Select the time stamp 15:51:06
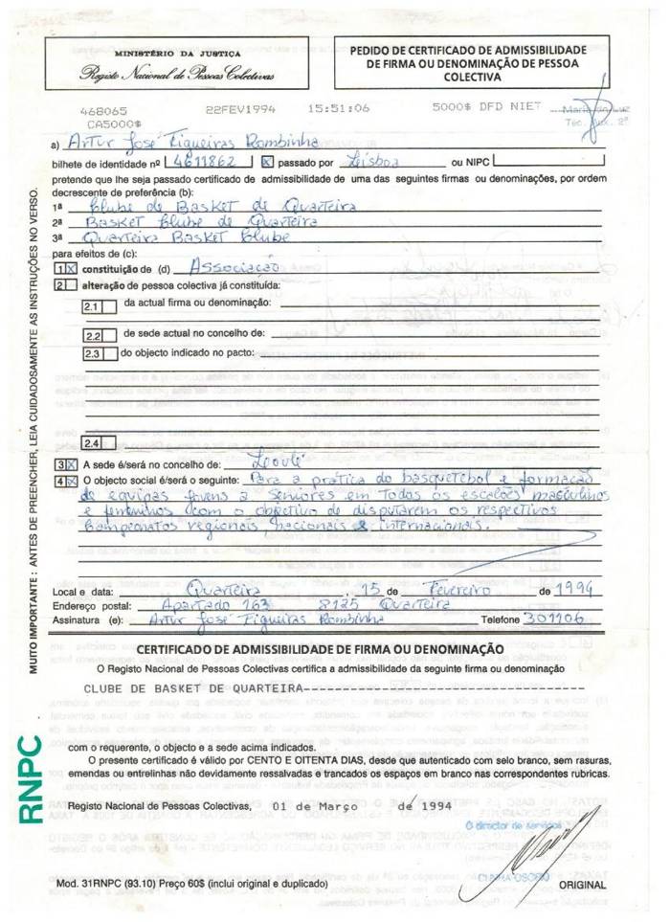[x=338, y=109]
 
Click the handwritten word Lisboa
[x=369, y=162]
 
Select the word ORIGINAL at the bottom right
[x=581, y=886]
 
